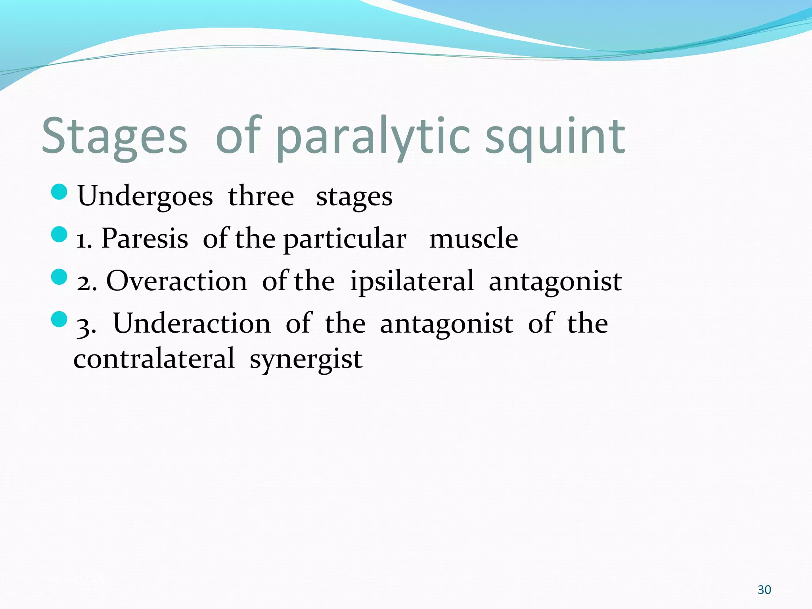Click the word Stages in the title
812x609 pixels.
coord(114,137)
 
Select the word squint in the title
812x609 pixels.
coord(555,137)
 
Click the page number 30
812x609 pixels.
coord(764,590)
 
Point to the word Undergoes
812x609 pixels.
coord(145,196)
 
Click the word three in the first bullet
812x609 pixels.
coord(261,196)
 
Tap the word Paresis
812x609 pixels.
coord(145,239)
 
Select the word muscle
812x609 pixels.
coord(473,239)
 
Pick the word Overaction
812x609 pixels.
coord(177,281)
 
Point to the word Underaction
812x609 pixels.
coord(192,324)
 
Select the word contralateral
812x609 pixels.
coord(154,359)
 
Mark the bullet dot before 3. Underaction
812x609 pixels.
coord(59,319)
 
